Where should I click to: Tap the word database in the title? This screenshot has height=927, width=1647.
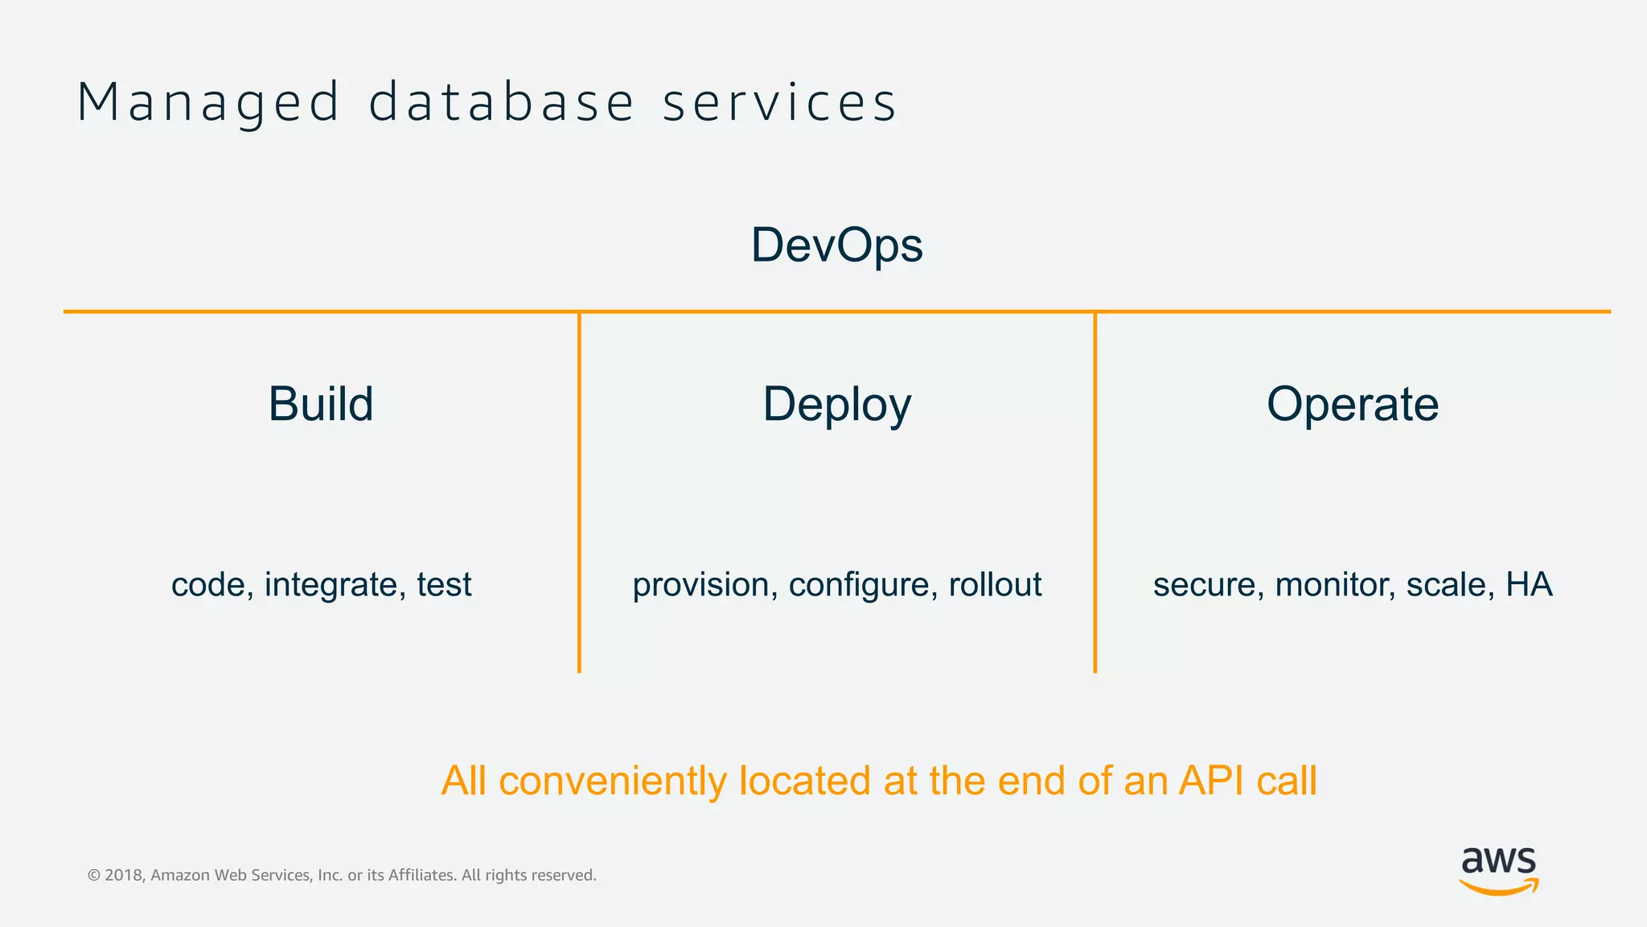[502, 103]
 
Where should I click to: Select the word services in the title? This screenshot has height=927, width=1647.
[778, 103]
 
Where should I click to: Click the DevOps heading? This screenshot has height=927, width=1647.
[836, 245]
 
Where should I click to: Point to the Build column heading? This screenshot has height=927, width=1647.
[321, 404]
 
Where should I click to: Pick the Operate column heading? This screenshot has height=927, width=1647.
[1353, 404]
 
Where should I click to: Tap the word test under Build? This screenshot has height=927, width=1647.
[444, 585]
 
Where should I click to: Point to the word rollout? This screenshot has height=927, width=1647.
[995, 584]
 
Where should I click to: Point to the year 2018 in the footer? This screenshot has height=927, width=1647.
[124, 875]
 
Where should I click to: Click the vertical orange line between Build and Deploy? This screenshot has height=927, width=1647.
[579, 491]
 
